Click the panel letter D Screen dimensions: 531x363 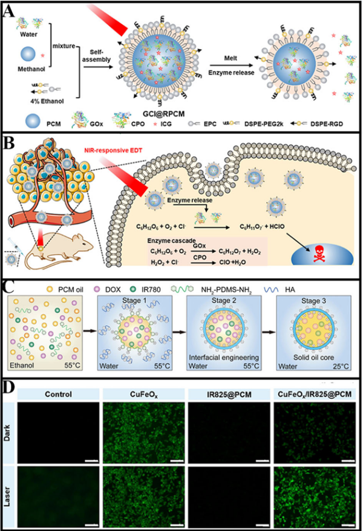click(10, 386)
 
